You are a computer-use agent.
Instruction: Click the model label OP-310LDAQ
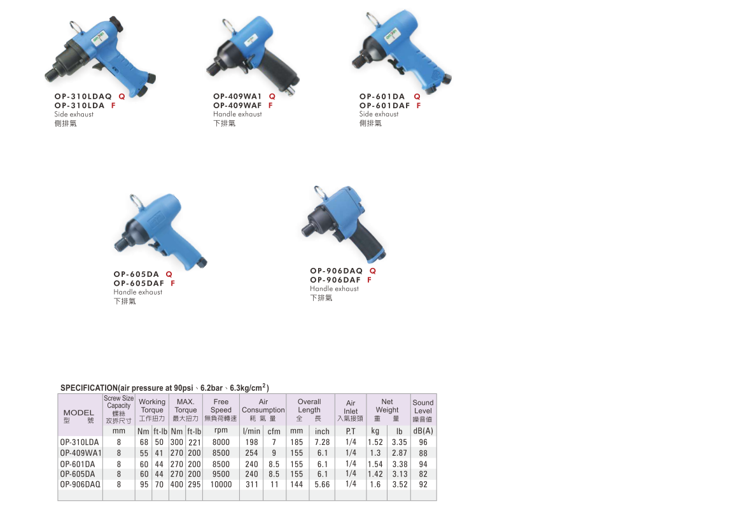[83, 96]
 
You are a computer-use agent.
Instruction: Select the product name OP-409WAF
[237, 106]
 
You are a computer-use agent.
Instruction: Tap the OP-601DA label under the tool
[382, 96]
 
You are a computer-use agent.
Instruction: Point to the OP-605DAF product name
[139, 283]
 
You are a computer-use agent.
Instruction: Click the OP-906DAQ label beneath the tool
[336, 271]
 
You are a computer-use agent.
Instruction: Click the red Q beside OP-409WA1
[272, 96]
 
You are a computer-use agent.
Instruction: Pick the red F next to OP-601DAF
[419, 106]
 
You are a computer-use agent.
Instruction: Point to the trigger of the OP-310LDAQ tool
[99, 69]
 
